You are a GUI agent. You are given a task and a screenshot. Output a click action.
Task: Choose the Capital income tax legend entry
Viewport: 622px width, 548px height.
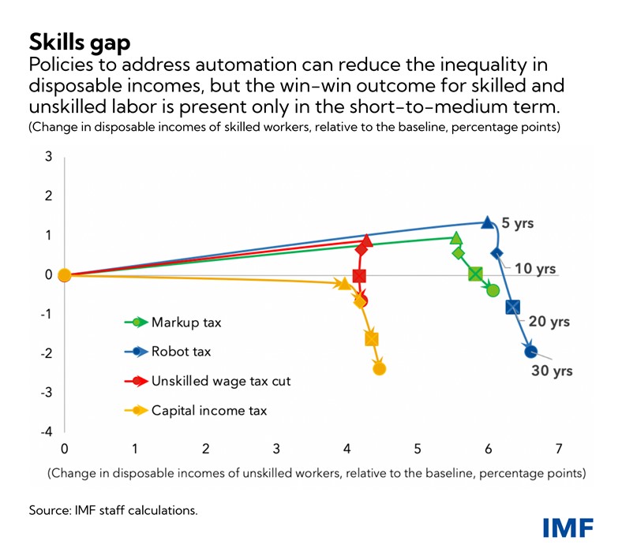(x=209, y=410)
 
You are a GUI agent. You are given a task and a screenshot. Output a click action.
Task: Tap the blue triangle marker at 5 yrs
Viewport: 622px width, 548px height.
(x=488, y=222)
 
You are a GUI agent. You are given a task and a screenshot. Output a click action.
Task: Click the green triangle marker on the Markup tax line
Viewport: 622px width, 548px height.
(x=455, y=237)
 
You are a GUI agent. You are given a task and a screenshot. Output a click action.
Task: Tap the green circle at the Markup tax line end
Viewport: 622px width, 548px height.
(x=493, y=290)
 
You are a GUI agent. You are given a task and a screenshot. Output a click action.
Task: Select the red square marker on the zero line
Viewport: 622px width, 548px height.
(x=360, y=275)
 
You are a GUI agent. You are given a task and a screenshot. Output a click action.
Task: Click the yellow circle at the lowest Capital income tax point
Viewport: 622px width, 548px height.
(x=379, y=368)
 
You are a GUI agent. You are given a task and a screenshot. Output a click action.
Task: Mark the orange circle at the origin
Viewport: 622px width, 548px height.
(x=65, y=275)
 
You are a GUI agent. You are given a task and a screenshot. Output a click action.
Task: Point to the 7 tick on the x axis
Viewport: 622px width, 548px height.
(x=559, y=449)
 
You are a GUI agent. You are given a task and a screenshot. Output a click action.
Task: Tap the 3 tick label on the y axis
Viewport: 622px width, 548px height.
(x=47, y=157)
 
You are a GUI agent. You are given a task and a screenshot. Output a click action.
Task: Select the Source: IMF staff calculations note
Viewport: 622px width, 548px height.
(x=113, y=510)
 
